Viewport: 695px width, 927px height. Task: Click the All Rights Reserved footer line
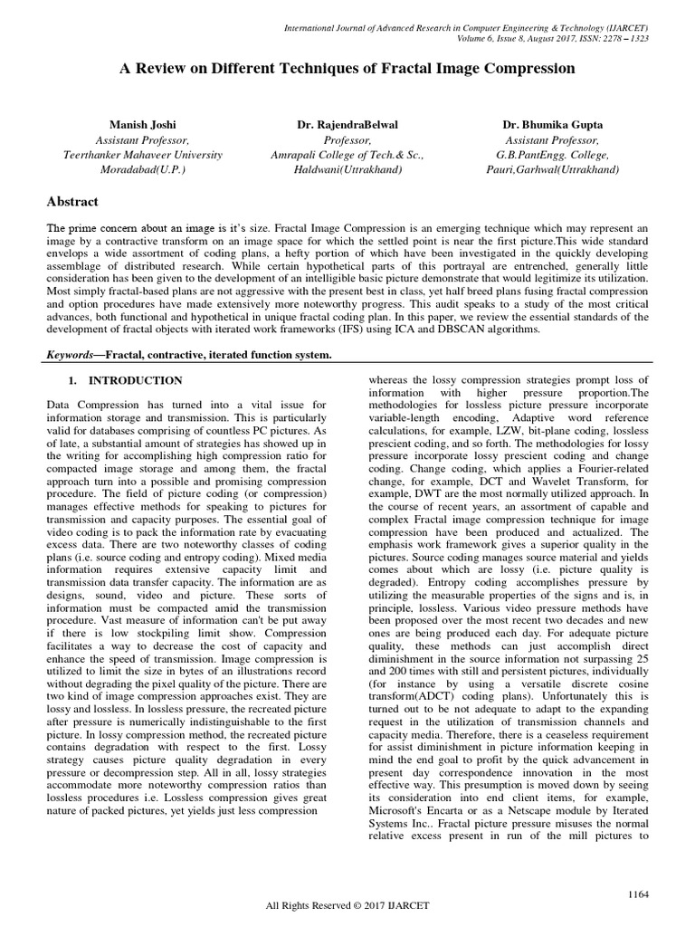(x=347, y=906)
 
